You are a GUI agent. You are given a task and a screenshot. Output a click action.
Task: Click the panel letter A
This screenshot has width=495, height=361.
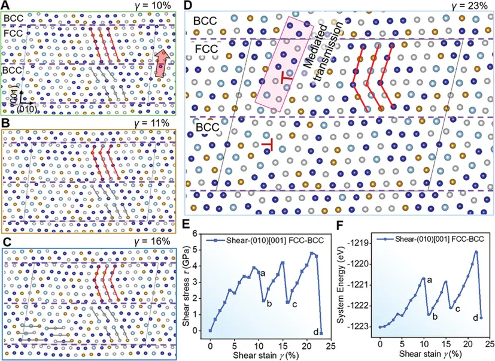[5, 5]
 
